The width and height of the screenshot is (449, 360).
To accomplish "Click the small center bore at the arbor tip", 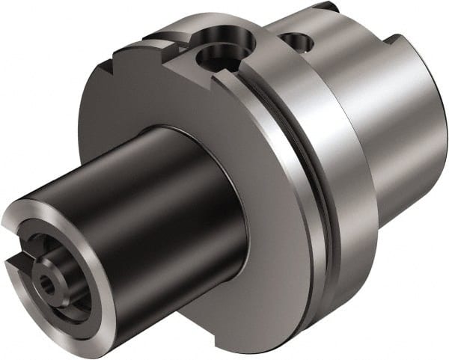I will pos(46,285).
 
